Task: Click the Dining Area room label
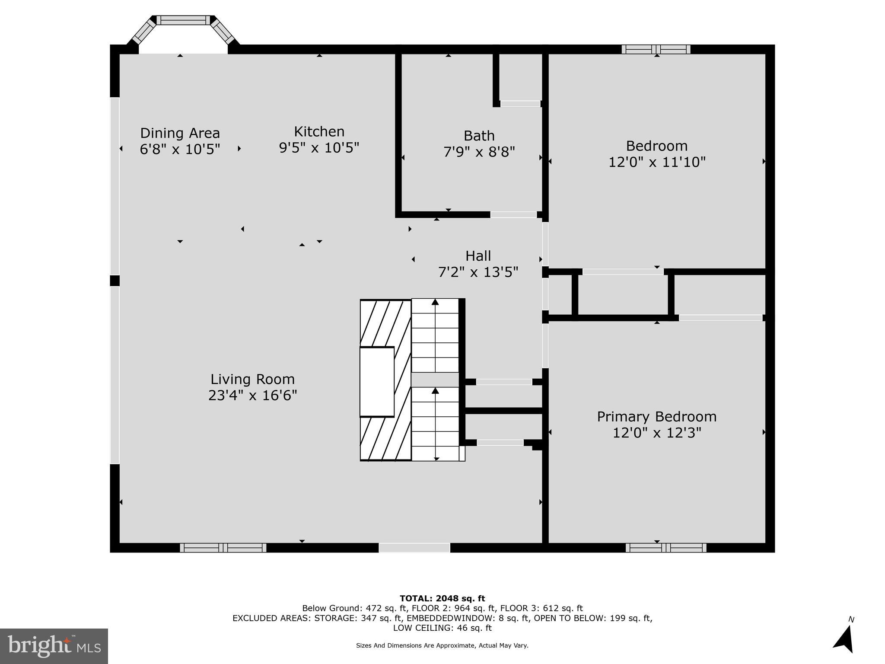click(180, 133)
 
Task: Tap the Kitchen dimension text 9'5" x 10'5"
click(319, 148)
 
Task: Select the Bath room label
click(479, 136)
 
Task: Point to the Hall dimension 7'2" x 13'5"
click(478, 272)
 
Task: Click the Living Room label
click(252, 379)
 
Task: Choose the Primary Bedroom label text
click(656, 416)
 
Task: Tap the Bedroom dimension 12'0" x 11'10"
click(656, 162)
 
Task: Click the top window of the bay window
click(183, 20)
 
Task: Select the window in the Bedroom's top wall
click(656, 49)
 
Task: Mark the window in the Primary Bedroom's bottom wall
click(665, 548)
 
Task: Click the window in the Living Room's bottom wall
click(223, 548)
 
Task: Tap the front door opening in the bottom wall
click(414, 548)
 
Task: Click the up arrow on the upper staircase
click(435, 303)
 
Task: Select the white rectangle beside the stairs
click(377, 381)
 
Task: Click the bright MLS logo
click(54, 646)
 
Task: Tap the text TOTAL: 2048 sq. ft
click(442, 599)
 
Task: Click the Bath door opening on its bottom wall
click(513, 214)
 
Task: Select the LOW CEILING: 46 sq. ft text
click(442, 628)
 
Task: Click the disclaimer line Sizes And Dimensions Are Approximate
click(442, 645)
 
